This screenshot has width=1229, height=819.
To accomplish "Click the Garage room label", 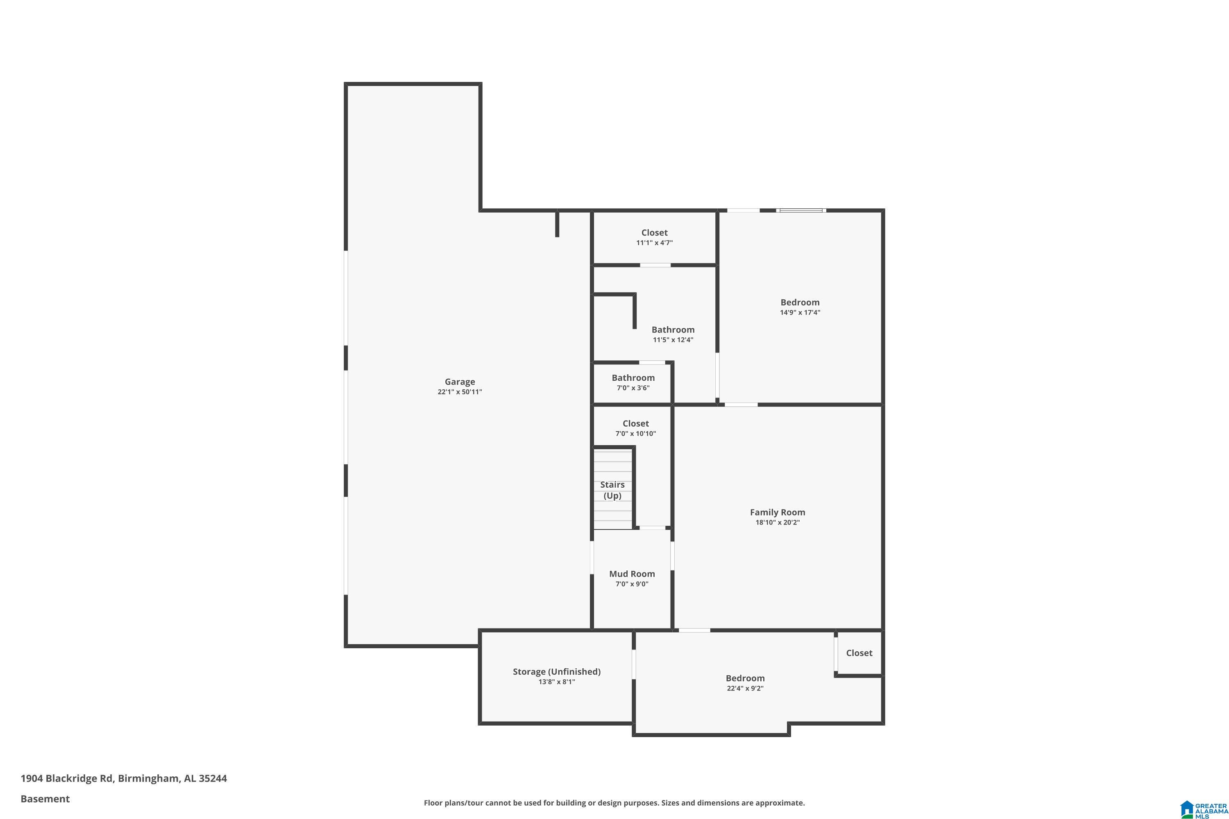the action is point(460,382).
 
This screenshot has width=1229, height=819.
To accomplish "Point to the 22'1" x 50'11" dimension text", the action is point(460,392).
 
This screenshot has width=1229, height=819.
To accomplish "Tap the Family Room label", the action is point(778,512).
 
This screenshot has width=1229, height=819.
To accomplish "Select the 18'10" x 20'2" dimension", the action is point(778,523).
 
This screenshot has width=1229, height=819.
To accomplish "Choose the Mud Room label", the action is point(632,574).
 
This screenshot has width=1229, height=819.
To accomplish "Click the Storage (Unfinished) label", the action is point(556,672).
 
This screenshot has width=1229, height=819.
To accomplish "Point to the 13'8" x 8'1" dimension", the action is point(556,682).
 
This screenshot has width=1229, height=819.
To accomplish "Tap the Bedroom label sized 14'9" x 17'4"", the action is point(800,303).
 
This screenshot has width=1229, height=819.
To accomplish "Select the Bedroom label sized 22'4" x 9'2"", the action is point(745,679).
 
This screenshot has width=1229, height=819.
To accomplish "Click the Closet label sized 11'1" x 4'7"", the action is point(654,233).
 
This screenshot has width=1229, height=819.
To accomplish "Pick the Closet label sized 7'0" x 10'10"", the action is point(635,423).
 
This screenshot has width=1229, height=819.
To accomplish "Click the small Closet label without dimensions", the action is point(859,653).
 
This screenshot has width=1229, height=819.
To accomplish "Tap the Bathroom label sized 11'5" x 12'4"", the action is point(673,330).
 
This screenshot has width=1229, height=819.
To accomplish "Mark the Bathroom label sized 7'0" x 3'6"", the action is point(633,378).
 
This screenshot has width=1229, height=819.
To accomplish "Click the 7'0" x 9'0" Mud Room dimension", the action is point(632,584).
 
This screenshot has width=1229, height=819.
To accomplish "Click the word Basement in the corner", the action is point(45,799).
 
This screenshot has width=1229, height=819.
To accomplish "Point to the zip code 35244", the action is point(213,778).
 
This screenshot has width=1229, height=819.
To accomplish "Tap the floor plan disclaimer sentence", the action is point(614,803).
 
